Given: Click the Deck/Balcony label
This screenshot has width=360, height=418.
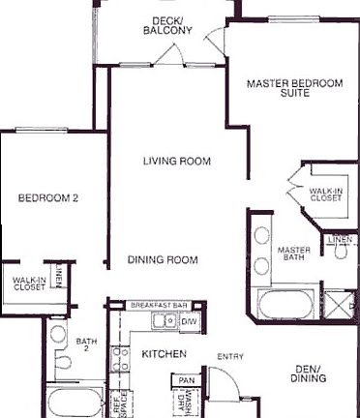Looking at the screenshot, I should click(x=173, y=24).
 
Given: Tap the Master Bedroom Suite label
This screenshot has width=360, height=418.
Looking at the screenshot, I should click(x=295, y=89).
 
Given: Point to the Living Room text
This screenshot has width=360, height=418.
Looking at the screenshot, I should click(x=176, y=161).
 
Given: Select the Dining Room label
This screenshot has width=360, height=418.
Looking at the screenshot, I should click(x=164, y=259).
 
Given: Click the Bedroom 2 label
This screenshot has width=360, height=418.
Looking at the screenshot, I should click(x=47, y=198).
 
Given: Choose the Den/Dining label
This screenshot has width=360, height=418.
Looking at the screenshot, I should click(x=313, y=374).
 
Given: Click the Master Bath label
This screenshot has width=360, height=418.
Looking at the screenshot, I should click(x=293, y=254).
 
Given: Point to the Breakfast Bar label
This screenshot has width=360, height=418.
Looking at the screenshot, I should click(x=159, y=305).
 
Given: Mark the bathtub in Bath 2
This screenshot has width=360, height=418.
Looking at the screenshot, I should click(x=73, y=403).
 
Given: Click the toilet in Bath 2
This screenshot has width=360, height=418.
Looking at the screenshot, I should click(x=61, y=363).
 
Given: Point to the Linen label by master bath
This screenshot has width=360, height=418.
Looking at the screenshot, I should click(x=339, y=238).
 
